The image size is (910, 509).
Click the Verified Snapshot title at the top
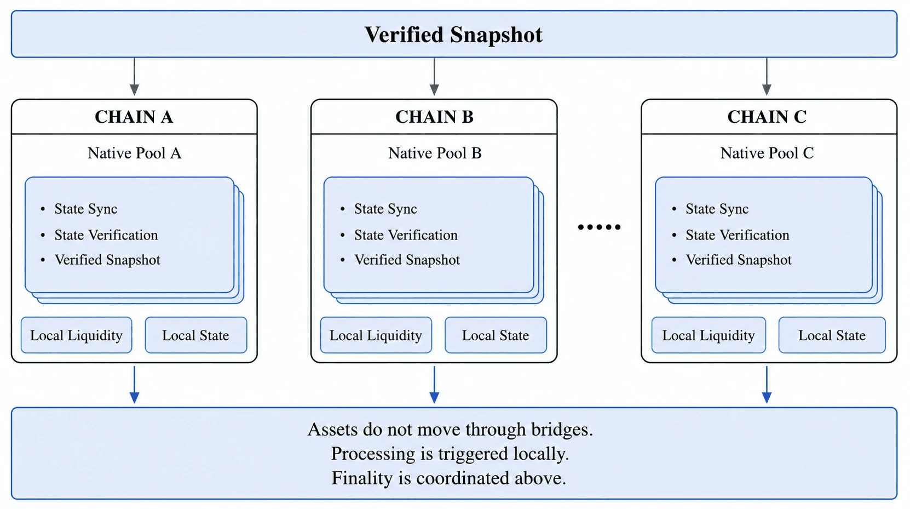453,35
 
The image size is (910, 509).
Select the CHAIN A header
134,117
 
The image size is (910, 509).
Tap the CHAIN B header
434,117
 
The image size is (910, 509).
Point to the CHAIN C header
767,117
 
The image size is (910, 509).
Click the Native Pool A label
135,153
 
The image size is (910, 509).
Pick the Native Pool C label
767,153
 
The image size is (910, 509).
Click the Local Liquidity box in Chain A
76,335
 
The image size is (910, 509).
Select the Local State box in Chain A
196,335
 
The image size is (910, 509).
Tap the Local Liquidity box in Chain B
376,335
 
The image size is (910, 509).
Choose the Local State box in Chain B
496,335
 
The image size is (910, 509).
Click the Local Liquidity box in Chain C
709,335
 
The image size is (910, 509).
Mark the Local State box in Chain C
832,335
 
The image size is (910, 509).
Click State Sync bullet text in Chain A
86,209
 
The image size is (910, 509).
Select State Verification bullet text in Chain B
406,235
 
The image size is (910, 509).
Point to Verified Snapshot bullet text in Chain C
739,260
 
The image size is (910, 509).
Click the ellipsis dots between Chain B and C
599,227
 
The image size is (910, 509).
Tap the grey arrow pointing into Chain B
434,76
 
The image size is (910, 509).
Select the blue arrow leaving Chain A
135,385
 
